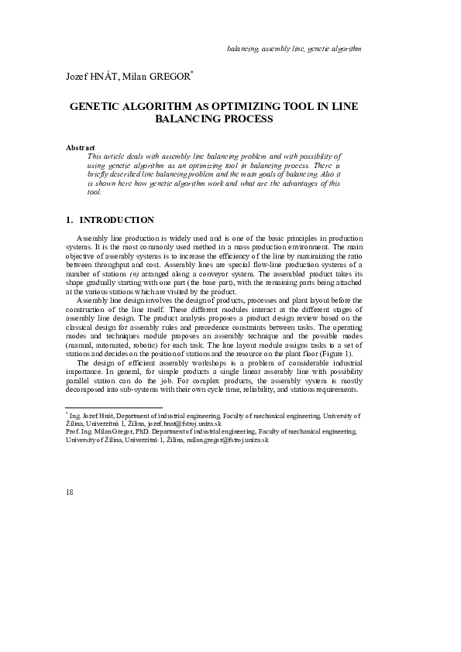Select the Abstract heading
click(81, 147)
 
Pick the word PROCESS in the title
click(249, 121)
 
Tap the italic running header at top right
click(294, 48)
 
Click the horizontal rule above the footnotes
click(114, 407)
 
